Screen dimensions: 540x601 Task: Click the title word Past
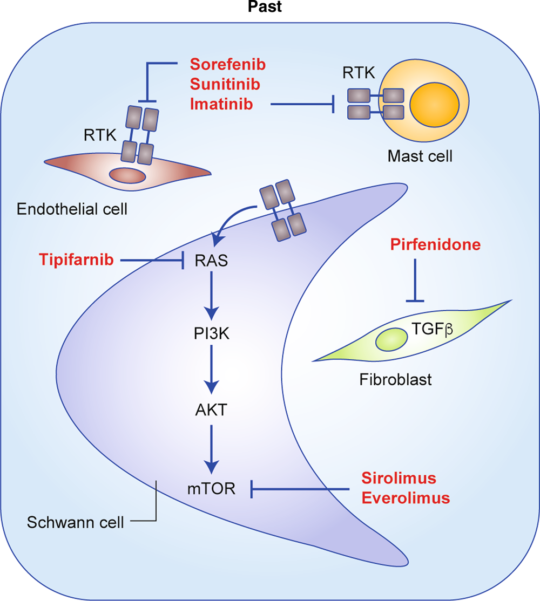tap(265, 6)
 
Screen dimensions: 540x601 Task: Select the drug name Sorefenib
tap(228, 64)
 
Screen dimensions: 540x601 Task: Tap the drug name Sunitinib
tap(225, 84)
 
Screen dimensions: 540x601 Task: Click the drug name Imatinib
tap(222, 104)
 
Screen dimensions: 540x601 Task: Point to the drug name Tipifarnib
tap(76, 260)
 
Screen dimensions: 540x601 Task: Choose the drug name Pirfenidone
tap(435, 244)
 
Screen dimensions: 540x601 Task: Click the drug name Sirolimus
tap(399, 478)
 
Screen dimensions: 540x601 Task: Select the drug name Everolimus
tap(406, 498)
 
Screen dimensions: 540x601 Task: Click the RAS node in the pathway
tap(211, 261)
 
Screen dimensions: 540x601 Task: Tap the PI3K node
tap(211, 334)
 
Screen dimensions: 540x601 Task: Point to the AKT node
tap(211, 410)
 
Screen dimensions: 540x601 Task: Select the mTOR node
tap(211, 489)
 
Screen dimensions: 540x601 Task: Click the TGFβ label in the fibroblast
tap(432, 329)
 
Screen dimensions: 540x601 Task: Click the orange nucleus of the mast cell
tap(435, 105)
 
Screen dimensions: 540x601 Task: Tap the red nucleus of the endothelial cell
tap(127, 175)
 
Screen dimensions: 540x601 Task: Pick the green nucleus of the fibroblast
tap(391, 339)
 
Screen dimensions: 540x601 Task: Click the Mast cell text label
tap(420, 156)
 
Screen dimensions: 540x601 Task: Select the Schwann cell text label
tap(75, 522)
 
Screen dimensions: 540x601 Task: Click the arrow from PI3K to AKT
tap(211, 370)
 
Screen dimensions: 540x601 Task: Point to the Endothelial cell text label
tap(72, 209)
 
